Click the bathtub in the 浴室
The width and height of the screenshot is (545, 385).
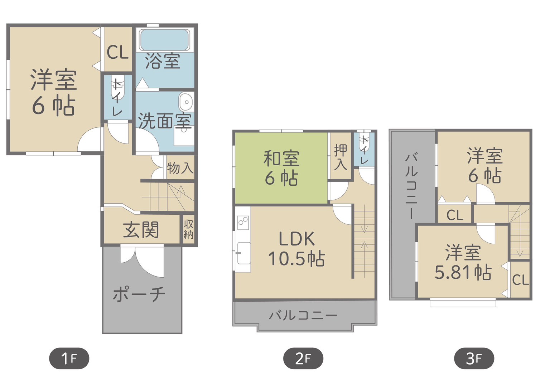pos(165,40)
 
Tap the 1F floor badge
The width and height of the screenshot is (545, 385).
pos(69,358)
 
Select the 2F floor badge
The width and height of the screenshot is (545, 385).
pos(303,358)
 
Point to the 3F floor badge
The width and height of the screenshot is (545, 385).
pos(474,358)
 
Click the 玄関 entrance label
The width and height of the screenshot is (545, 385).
pos(141,230)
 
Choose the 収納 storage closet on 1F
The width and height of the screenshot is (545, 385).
pos(189,229)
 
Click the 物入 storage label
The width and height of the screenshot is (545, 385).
pos(180,168)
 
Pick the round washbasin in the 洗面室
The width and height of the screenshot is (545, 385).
pos(187,102)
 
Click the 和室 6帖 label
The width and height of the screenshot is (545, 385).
pos(281,168)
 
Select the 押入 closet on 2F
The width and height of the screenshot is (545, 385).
pos(341,156)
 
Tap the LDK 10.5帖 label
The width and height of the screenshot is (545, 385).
pos(296,248)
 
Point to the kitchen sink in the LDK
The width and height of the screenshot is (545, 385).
pos(244,253)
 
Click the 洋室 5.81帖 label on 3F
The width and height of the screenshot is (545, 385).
pos(463,263)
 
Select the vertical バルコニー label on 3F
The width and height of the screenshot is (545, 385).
pos(411,185)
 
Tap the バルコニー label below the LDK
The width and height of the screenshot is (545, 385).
pos(303,316)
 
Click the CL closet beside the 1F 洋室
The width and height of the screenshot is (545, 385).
pos(118,49)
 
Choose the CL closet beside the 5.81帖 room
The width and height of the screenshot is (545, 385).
pos(520,279)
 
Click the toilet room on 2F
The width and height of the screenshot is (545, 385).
pos(364,149)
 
